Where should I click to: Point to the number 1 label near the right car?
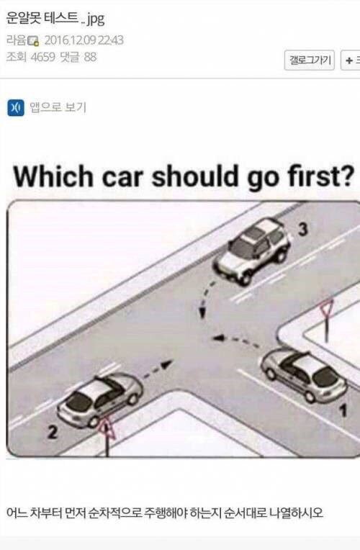[x=342, y=413]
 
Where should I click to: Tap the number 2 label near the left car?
[x=53, y=432]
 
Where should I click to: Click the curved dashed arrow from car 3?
[x=206, y=296]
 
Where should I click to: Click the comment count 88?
[x=90, y=57]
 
